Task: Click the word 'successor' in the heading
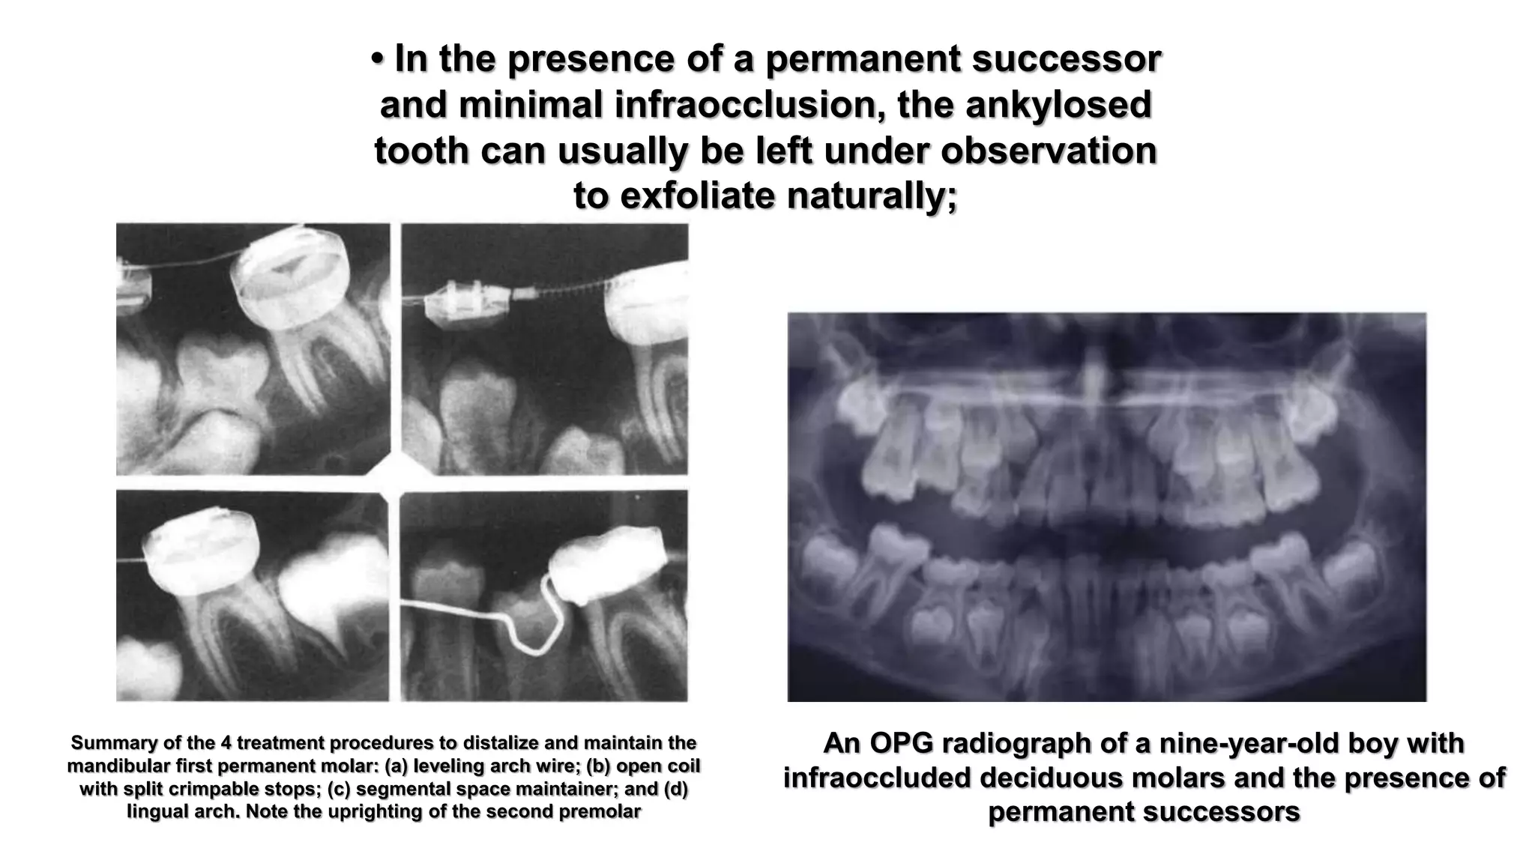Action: [x=1066, y=59]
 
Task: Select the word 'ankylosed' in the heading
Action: [x=1058, y=105]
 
